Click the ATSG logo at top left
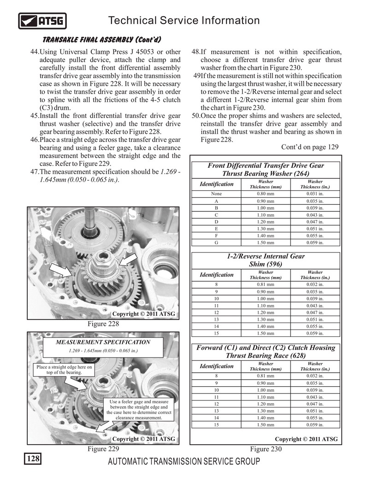tap(42, 21)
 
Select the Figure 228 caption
tap(103, 324)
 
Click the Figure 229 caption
tap(103, 449)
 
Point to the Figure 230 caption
tap(266, 449)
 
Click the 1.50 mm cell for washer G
tap(266, 242)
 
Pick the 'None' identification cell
tap(216, 194)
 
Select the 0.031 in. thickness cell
tap(315, 194)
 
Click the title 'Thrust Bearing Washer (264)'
tap(266, 174)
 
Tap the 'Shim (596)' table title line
tap(266, 264)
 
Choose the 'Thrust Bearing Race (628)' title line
tap(266, 356)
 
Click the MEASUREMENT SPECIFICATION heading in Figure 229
tap(103, 342)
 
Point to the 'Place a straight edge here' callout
tap(64, 370)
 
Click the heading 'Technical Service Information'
tap(183, 20)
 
